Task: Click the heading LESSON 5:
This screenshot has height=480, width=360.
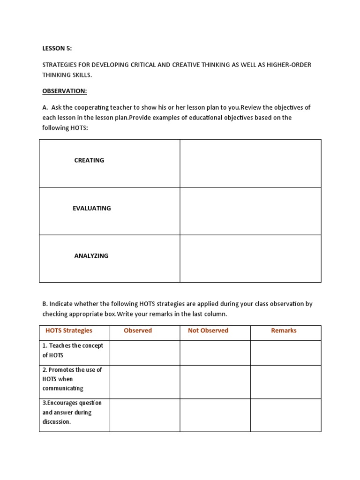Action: click(57, 48)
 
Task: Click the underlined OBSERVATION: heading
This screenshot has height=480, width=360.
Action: click(65, 91)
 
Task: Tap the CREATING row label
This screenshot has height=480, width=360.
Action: click(89, 160)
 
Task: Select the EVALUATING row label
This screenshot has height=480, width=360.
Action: click(92, 208)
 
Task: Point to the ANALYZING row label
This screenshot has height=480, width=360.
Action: click(91, 256)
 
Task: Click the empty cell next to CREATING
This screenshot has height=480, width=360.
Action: click(250, 163)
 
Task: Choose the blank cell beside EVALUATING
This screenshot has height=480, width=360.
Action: click(250, 211)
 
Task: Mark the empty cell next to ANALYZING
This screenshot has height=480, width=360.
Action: click(250, 259)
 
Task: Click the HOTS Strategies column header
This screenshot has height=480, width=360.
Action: click(69, 330)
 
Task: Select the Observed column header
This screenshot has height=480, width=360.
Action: click(138, 330)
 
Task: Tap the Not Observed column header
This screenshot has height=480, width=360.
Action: click(208, 330)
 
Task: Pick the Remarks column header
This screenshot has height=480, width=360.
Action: click(284, 330)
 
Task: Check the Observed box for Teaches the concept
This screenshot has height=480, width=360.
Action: click(145, 352)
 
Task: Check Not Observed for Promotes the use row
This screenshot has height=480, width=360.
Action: click(215, 382)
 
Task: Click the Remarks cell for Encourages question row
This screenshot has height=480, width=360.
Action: click(285, 415)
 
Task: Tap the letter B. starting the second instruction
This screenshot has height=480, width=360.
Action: click(45, 304)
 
